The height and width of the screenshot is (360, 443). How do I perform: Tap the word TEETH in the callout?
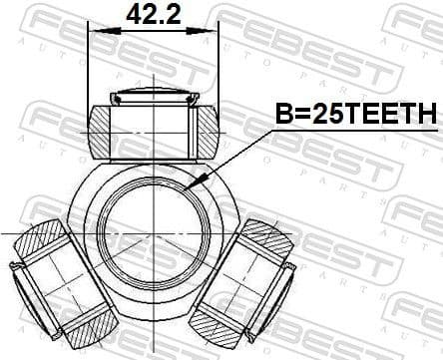(x=394, y=116)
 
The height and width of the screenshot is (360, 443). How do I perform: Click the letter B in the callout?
(x=283, y=116)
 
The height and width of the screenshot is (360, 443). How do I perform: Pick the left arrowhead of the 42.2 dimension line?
(x=95, y=29)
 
